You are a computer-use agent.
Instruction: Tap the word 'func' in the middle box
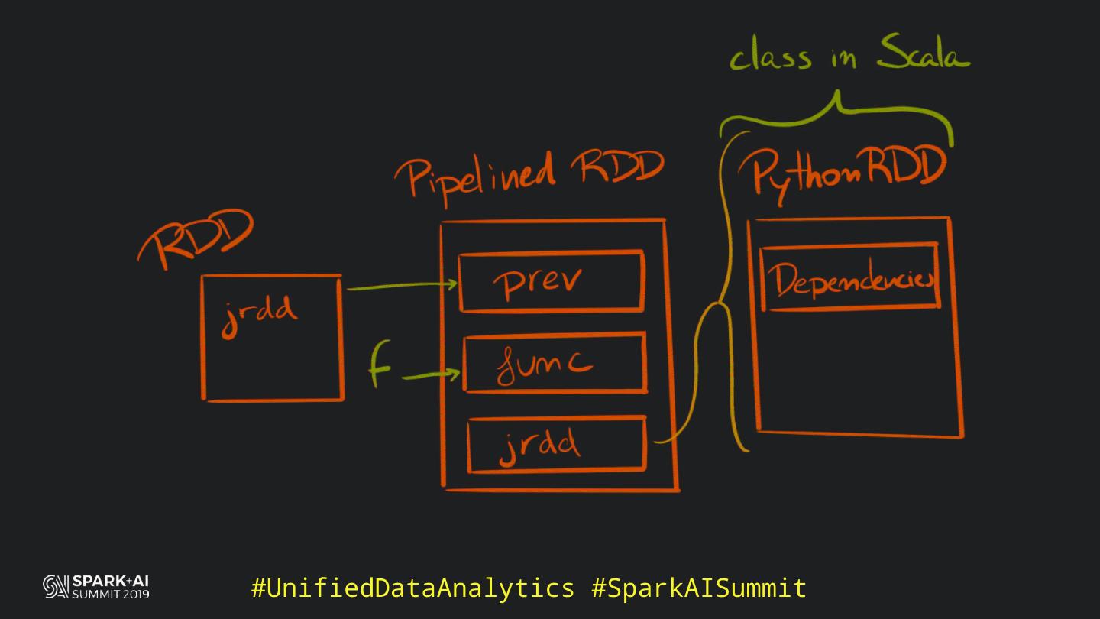[544, 365]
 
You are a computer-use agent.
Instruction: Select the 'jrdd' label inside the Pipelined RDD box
[541, 446]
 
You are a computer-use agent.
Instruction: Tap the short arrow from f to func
[432, 375]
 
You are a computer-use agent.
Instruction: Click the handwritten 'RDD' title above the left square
[196, 238]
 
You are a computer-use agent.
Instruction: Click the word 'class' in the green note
[771, 57]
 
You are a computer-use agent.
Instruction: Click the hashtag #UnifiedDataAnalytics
[412, 588]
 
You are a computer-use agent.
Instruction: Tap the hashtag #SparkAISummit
[699, 588]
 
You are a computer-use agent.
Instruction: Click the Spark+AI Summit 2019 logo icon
[56, 587]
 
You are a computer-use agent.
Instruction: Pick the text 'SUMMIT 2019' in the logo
[110, 595]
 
